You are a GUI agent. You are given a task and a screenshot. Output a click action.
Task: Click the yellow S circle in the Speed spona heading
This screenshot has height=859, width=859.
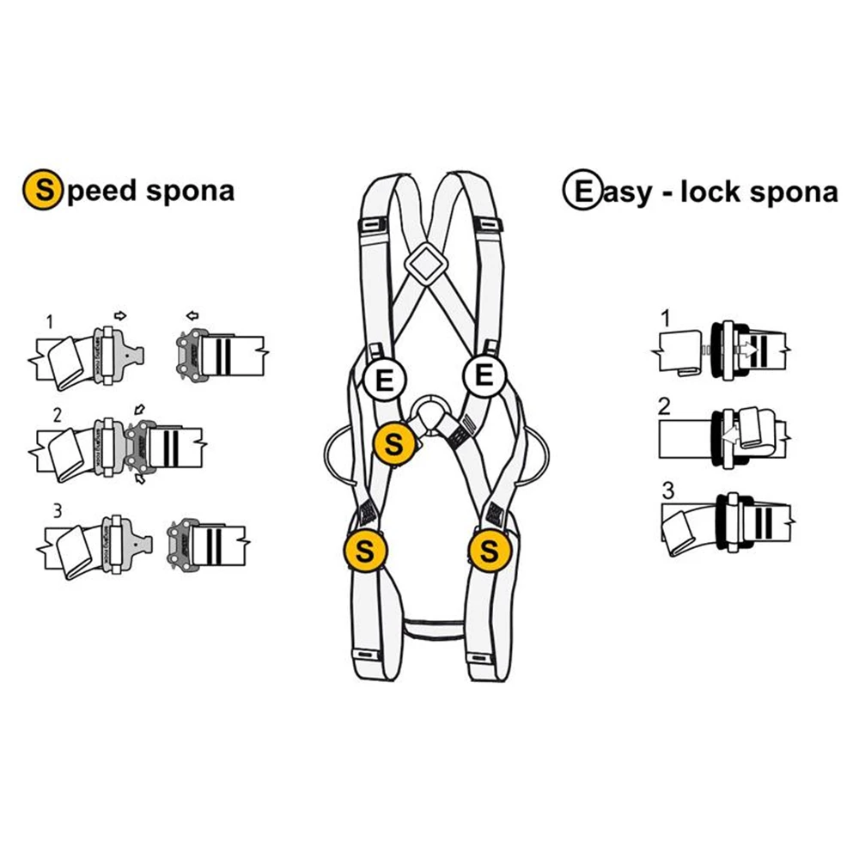[40, 190]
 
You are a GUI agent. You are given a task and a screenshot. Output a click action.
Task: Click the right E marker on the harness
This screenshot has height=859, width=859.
[484, 376]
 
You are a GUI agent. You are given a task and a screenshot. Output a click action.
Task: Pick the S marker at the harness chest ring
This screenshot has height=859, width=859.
[393, 444]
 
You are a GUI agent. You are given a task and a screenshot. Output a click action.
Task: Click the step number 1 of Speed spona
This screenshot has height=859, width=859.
[51, 322]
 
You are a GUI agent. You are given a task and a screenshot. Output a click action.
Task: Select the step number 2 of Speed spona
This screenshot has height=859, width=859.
[57, 414]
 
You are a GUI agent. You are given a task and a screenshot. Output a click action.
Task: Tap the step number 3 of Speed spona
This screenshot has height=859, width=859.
[56, 510]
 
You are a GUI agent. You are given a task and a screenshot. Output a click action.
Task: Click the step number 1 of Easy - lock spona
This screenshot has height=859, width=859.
[664, 320]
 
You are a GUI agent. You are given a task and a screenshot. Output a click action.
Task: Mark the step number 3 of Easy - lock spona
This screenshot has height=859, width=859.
[668, 492]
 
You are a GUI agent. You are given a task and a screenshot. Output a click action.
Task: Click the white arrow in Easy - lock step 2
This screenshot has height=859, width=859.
[728, 436]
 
